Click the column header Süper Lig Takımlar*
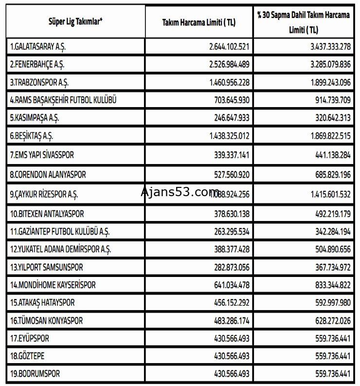pyautogui.click(x=78, y=21)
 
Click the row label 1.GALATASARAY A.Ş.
pyautogui.click(x=40, y=47)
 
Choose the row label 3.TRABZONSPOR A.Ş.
pyautogui.click(x=40, y=83)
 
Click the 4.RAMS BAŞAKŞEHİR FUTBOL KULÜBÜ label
pyautogui.click(x=63, y=101)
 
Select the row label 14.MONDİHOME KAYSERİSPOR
pyautogui.click(x=53, y=285)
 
